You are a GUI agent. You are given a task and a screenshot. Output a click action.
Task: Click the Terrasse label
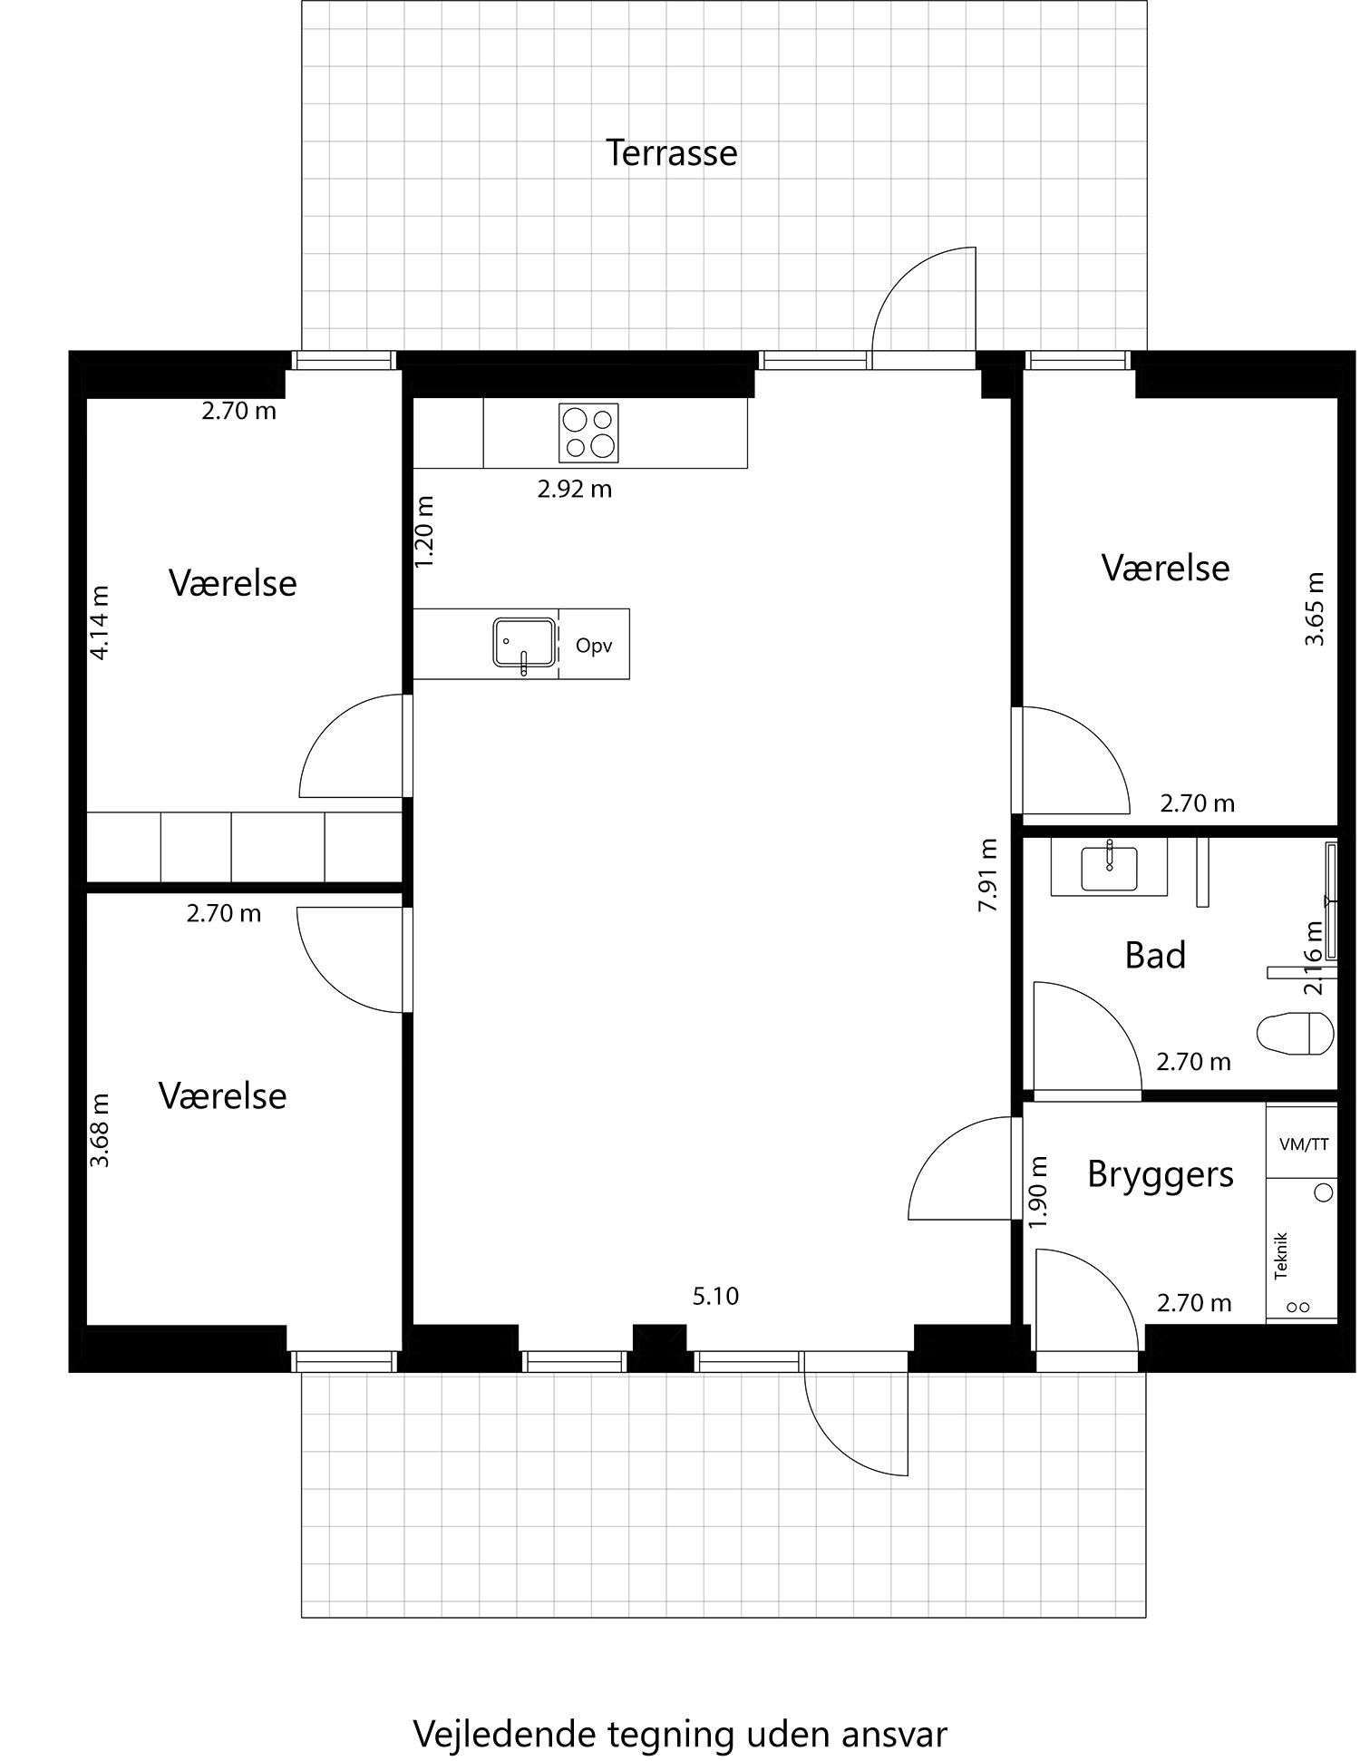[x=671, y=152]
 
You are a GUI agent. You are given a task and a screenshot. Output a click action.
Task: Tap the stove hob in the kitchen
[x=588, y=433]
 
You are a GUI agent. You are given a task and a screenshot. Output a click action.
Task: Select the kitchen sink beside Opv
[x=524, y=644]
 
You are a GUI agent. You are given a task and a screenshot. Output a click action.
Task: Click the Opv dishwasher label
[x=594, y=647]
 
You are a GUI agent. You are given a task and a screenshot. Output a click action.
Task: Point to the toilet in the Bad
[x=1297, y=1032]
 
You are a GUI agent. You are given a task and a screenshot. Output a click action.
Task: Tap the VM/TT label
[x=1303, y=1144]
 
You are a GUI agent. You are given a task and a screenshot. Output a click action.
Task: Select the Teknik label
[x=1281, y=1255]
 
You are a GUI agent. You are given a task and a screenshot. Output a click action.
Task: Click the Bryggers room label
[x=1161, y=1174]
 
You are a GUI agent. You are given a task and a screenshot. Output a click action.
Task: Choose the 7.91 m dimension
[x=989, y=875]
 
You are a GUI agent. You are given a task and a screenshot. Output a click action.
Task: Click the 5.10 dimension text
[x=715, y=1297]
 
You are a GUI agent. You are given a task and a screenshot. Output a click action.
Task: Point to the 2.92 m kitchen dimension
[x=575, y=490]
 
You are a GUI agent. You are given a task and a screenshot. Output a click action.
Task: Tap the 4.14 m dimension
[x=101, y=622]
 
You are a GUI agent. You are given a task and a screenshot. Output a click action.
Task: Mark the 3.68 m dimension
[x=101, y=1130]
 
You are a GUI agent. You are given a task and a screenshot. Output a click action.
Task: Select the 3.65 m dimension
[x=1315, y=608]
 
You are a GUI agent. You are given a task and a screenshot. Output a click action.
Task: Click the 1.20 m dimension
[x=424, y=531]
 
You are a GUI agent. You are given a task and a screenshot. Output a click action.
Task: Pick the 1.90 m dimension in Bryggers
[x=1039, y=1192]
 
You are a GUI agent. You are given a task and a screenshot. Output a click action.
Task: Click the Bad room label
[x=1155, y=956]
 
